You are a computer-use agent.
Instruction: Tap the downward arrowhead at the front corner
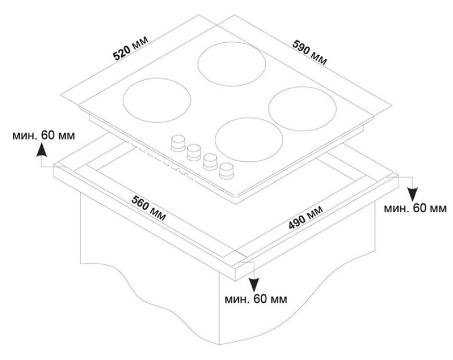(253, 284)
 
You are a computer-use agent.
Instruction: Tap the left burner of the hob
(157, 100)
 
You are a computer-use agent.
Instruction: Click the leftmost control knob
(178, 142)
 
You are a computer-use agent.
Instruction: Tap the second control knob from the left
(193, 152)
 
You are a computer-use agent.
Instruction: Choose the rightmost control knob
(226, 170)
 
